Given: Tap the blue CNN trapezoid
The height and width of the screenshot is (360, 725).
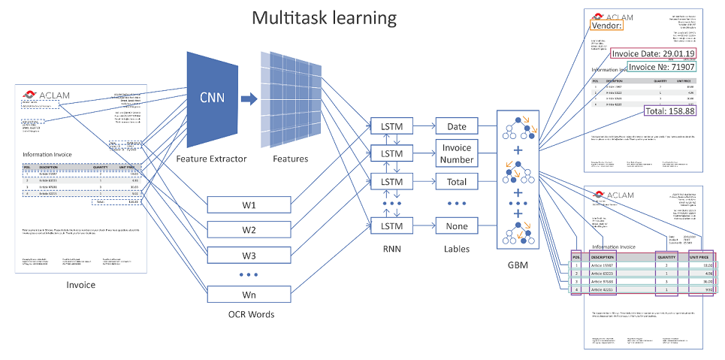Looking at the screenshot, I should tap(211, 98).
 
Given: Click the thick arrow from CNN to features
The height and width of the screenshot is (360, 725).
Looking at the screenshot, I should tap(248, 98).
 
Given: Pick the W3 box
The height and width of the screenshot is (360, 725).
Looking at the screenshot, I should tap(249, 256).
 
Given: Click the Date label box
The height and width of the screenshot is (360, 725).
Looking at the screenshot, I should tap(456, 126).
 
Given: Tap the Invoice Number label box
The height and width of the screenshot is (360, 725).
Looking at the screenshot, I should tap(456, 154).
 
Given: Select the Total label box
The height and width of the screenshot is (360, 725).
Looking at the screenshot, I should tap(456, 182).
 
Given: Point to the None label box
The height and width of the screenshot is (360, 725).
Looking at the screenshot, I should tap(456, 226).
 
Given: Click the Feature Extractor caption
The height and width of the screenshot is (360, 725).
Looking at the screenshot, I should tap(211, 159).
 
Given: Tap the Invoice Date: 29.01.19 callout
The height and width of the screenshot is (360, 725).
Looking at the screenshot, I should tap(652, 53).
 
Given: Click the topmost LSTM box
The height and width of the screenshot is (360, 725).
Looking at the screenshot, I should tap(391, 126).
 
